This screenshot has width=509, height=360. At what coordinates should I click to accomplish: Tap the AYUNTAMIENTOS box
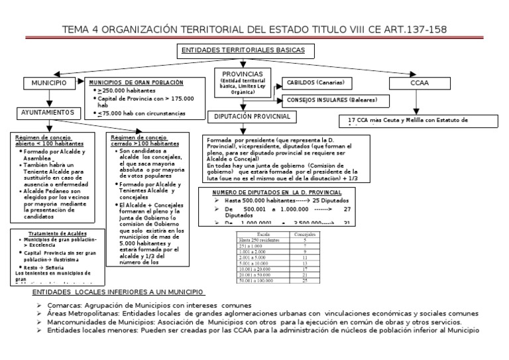click(x=45, y=113)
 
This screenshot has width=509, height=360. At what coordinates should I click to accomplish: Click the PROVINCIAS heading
click(x=242, y=73)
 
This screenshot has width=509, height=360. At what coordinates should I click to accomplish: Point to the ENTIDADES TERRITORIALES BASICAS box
click(x=244, y=50)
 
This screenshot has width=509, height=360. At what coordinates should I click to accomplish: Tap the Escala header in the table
click(x=263, y=235)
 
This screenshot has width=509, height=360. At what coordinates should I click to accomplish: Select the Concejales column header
click(x=304, y=235)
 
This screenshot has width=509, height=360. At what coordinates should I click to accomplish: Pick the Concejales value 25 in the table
click(x=304, y=281)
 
